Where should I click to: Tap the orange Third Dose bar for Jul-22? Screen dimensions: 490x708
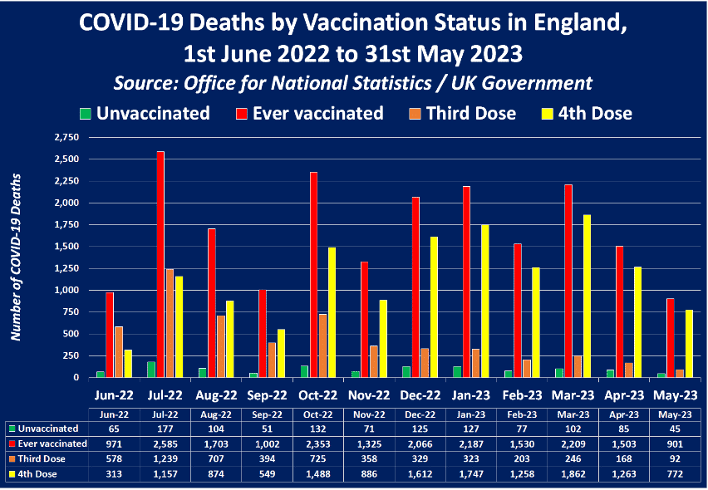coord(170,323)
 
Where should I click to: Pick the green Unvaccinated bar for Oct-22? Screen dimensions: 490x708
coord(303,371)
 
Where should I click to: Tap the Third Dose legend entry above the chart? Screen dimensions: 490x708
coord(460,113)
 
